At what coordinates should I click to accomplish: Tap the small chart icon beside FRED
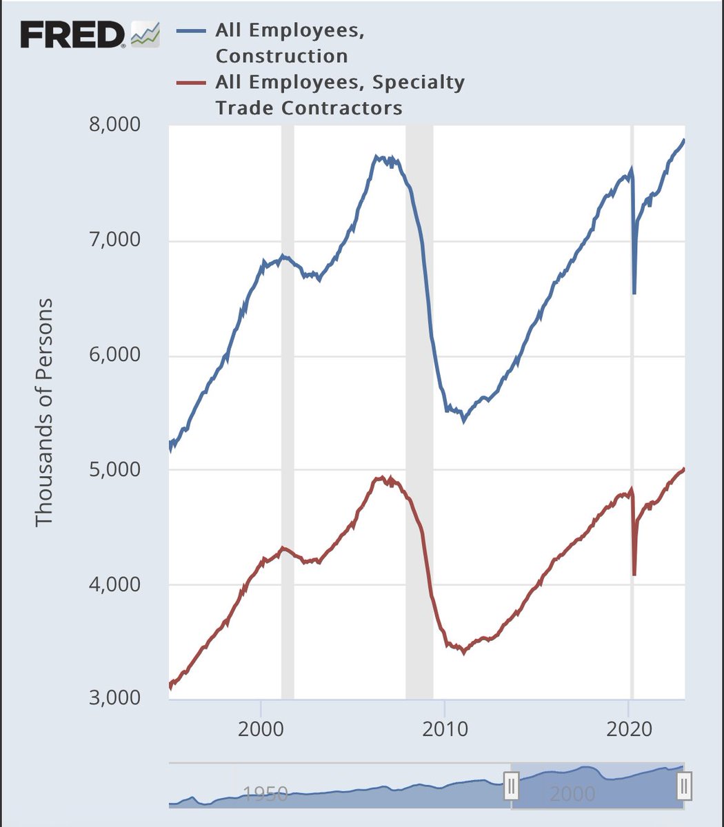[x=145, y=34]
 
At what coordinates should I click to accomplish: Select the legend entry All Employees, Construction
[x=290, y=43]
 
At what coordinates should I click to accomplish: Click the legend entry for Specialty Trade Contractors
[x=339, y=95]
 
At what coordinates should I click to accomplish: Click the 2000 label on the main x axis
[x=261, y=730]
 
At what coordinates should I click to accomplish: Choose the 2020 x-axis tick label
[x=629, y=730]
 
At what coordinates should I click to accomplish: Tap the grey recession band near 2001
[x=288, y=413]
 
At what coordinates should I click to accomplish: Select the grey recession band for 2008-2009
[x=419, y=413]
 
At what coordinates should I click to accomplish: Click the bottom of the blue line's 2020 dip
[x=634, y=293]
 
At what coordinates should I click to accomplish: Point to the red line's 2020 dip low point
[x=634, y=574]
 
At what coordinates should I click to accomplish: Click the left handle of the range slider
[x=511, y=786]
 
